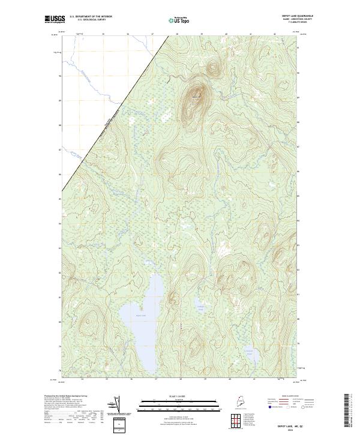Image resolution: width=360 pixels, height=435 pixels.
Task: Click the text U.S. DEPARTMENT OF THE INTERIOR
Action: coord(91,16)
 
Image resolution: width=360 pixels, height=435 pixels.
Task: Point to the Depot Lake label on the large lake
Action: coord(140,315)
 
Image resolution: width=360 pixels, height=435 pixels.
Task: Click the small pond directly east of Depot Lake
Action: coord(200,308)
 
